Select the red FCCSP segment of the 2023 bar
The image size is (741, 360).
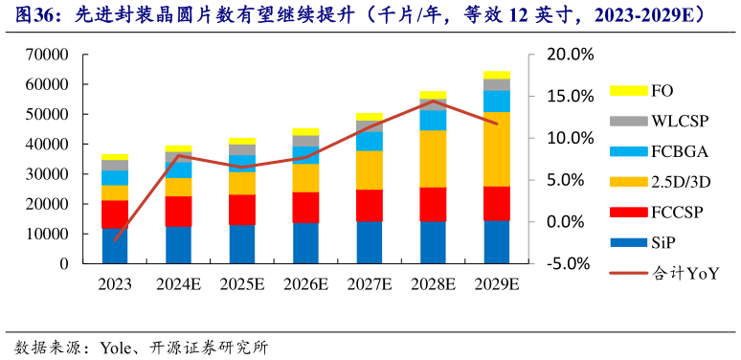point(115,214)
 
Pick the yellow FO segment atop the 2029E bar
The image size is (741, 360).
point(496,75)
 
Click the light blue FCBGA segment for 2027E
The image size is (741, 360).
point(369,141)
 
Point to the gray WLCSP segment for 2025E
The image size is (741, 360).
point(242,149)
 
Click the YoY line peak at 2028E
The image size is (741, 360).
point(433,101)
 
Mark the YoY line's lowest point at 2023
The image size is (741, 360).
point(115,239)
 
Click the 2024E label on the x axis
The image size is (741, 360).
point(178,283)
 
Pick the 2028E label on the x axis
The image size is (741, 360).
point(433,283)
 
